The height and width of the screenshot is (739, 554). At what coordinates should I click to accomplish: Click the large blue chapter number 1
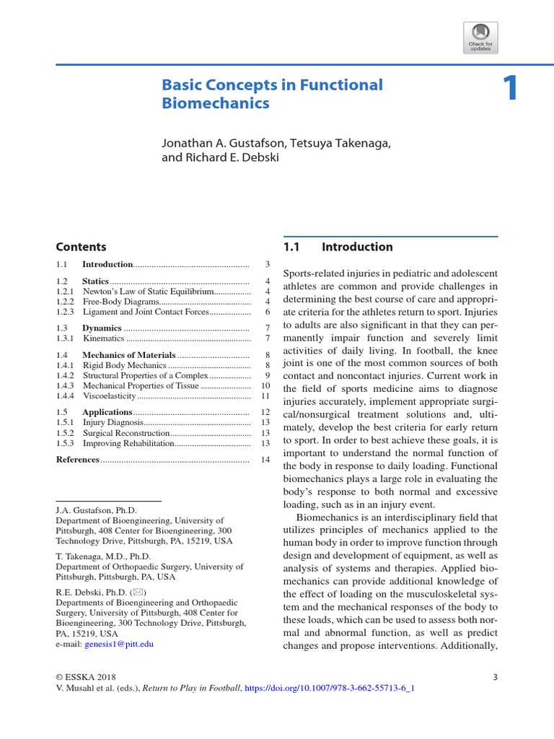tap(510, 89)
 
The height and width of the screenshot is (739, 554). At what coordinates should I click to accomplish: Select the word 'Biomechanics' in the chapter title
tap(216, 103)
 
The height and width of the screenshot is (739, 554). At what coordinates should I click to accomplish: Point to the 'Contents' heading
tap(81, 247)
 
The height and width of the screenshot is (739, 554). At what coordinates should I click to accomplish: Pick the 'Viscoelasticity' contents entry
tap(109, 395)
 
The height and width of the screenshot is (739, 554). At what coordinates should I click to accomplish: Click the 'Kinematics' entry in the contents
tap(104, 338)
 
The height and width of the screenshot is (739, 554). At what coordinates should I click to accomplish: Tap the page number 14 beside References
tap(265, 460)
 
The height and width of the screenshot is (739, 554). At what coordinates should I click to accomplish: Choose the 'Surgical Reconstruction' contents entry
tap(126, 433)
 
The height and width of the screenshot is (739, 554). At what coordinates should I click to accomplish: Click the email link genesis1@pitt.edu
tap(119, 643)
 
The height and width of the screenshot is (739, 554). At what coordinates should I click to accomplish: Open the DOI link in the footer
tap(330, 688)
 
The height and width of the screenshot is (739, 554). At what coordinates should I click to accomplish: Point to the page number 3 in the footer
tap(495, 677)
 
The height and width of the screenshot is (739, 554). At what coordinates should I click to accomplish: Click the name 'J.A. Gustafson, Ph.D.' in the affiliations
tap(96, 510)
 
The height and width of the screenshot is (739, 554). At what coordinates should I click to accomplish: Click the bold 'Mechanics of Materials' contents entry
tap(128, 355)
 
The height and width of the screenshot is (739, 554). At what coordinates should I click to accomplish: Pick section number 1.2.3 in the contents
tap(66, 312)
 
